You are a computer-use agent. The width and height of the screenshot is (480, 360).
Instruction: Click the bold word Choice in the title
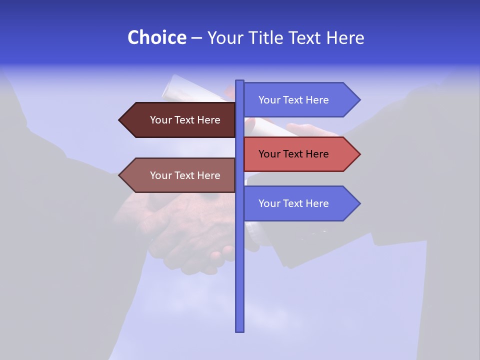tap(156, 37)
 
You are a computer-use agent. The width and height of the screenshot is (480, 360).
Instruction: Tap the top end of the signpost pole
tap(239, 81)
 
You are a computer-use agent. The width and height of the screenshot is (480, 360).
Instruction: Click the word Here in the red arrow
tap(317, 154)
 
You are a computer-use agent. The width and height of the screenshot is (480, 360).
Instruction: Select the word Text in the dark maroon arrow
tap(185, 120)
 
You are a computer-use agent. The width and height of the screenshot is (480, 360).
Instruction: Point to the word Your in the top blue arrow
tap(269, 100)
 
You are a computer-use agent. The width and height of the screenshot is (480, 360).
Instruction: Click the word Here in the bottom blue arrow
tap(317, 203)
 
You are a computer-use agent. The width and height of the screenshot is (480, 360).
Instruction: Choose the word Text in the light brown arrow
tap(185, 175)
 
